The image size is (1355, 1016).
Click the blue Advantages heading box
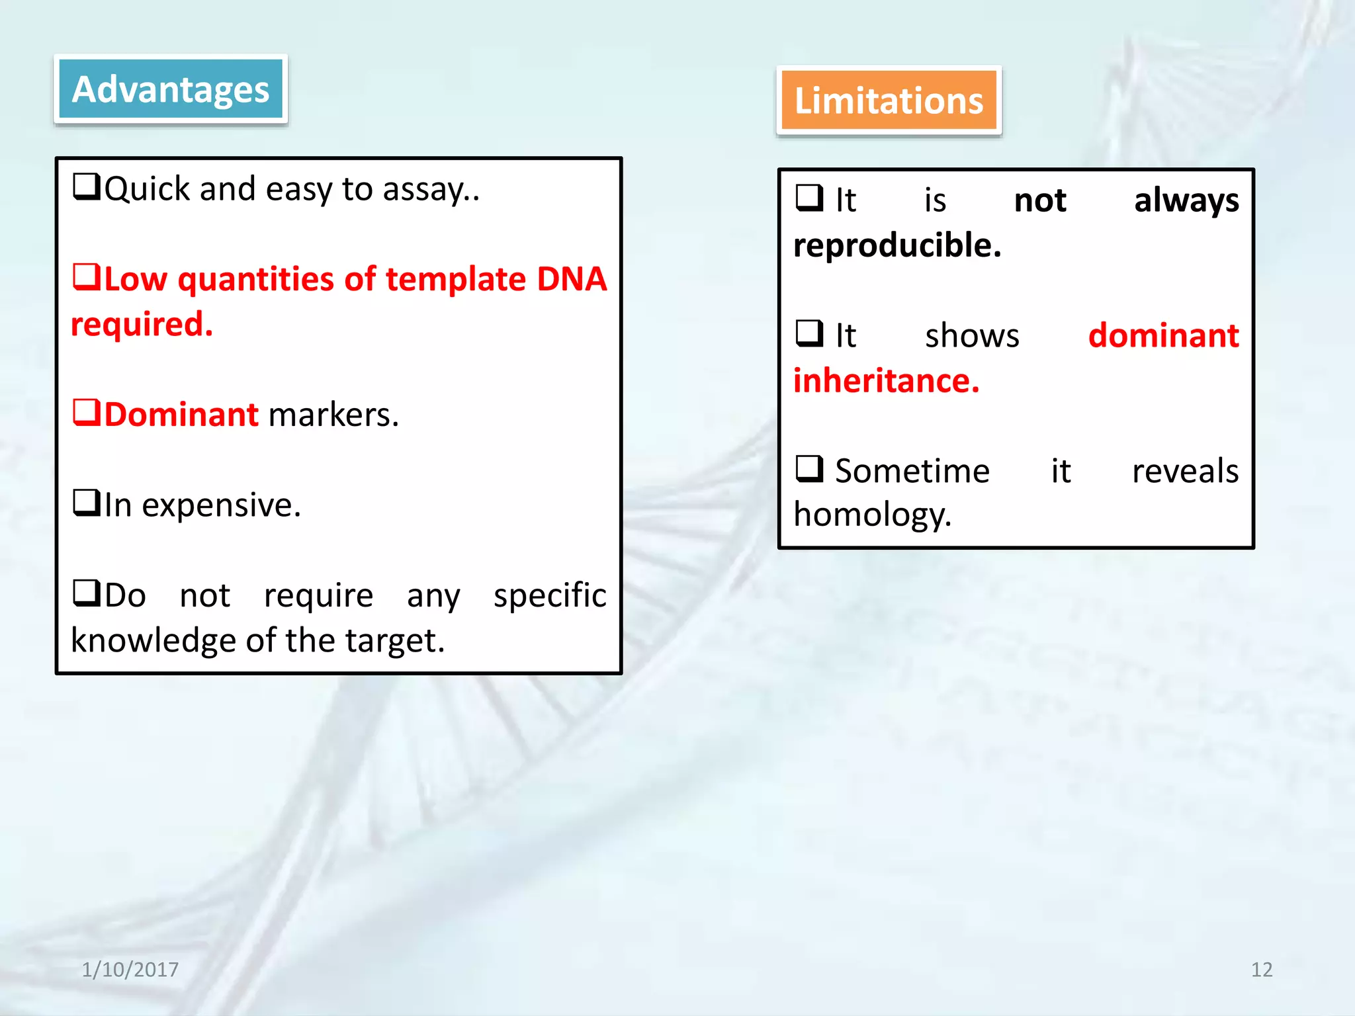pyautogui.click(x=171, y=89)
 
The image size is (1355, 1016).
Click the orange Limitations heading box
pyautogui.click(x=889, y=100)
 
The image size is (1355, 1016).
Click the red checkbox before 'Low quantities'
pyautogui.click(x=86, y=276)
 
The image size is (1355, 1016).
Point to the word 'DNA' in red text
pyautogui.click(x=572, y=279)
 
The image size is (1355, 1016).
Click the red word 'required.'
pyautogui.click(x=142, y=325)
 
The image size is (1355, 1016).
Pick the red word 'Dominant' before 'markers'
pyautogui.click(x=181, y=415)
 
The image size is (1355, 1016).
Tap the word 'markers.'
pyautogui.click(x=333, y=415)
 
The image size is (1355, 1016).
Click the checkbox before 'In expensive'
pyautogui.click(x=86, y=503)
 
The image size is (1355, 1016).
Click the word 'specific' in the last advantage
pyautogui.click(x=550, y=596)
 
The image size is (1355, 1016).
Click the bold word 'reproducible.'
pyautogui.click(x=897, y=246)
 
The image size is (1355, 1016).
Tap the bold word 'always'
pyautogui.click(x=1186, y=201)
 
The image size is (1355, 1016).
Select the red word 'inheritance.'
pyautogui.click(x=886, y=381)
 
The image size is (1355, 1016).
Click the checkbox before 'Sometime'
pyautogui.click(x=809, y=469)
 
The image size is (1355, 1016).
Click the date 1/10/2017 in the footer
pyautogui.click(x=130, y=970)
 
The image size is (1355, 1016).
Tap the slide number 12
pyautogui.click(x=1261, y=970)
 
